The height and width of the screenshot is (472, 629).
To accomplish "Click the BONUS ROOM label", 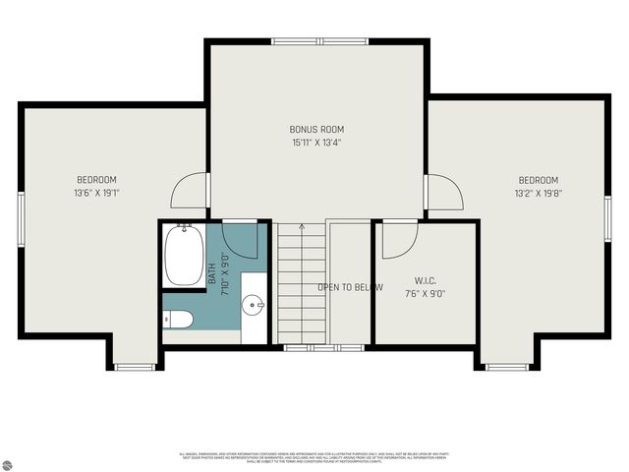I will [316, 129].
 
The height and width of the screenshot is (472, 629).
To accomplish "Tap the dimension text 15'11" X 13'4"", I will [316, 143].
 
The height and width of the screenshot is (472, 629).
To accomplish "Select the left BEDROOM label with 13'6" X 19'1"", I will [97, 180].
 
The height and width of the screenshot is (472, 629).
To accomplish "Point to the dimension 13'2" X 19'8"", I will [539, 194].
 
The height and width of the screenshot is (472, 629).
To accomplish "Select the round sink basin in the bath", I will [254, 305].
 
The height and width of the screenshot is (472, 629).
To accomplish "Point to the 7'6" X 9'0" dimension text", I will [425, 292].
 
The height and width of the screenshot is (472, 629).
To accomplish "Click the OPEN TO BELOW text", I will [350, 288].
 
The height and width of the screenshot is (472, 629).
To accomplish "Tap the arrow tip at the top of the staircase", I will [303, 226].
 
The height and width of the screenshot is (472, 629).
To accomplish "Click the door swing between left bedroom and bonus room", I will [192, 190].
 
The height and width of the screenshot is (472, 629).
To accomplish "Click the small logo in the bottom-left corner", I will [14, 458].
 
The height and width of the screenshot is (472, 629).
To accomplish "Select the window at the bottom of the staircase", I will [304, 347].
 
